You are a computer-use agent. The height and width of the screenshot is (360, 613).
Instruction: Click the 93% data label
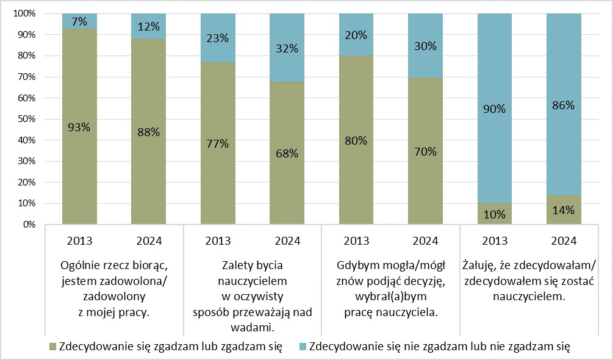tap(79, 128)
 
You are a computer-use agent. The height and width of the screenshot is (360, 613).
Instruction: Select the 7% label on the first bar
tap(79, 22)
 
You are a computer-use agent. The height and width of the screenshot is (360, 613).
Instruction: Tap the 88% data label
tap(148, 133)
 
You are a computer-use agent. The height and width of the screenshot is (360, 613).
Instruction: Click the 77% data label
tap(217, 144)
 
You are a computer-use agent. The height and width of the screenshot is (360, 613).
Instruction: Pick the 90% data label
tap(494, 109)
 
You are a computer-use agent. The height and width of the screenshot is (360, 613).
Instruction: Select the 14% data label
tap(563, 211)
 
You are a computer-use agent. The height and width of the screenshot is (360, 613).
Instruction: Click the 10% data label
tap(494, 214)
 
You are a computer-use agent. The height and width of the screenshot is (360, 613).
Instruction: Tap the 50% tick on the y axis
tap(23, 119)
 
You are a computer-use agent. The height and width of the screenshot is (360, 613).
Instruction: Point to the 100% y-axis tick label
tap(21, 13)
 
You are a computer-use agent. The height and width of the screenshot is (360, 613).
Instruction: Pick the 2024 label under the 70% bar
tap(425, 240)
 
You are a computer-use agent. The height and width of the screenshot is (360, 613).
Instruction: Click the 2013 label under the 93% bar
tap(79, 240)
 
